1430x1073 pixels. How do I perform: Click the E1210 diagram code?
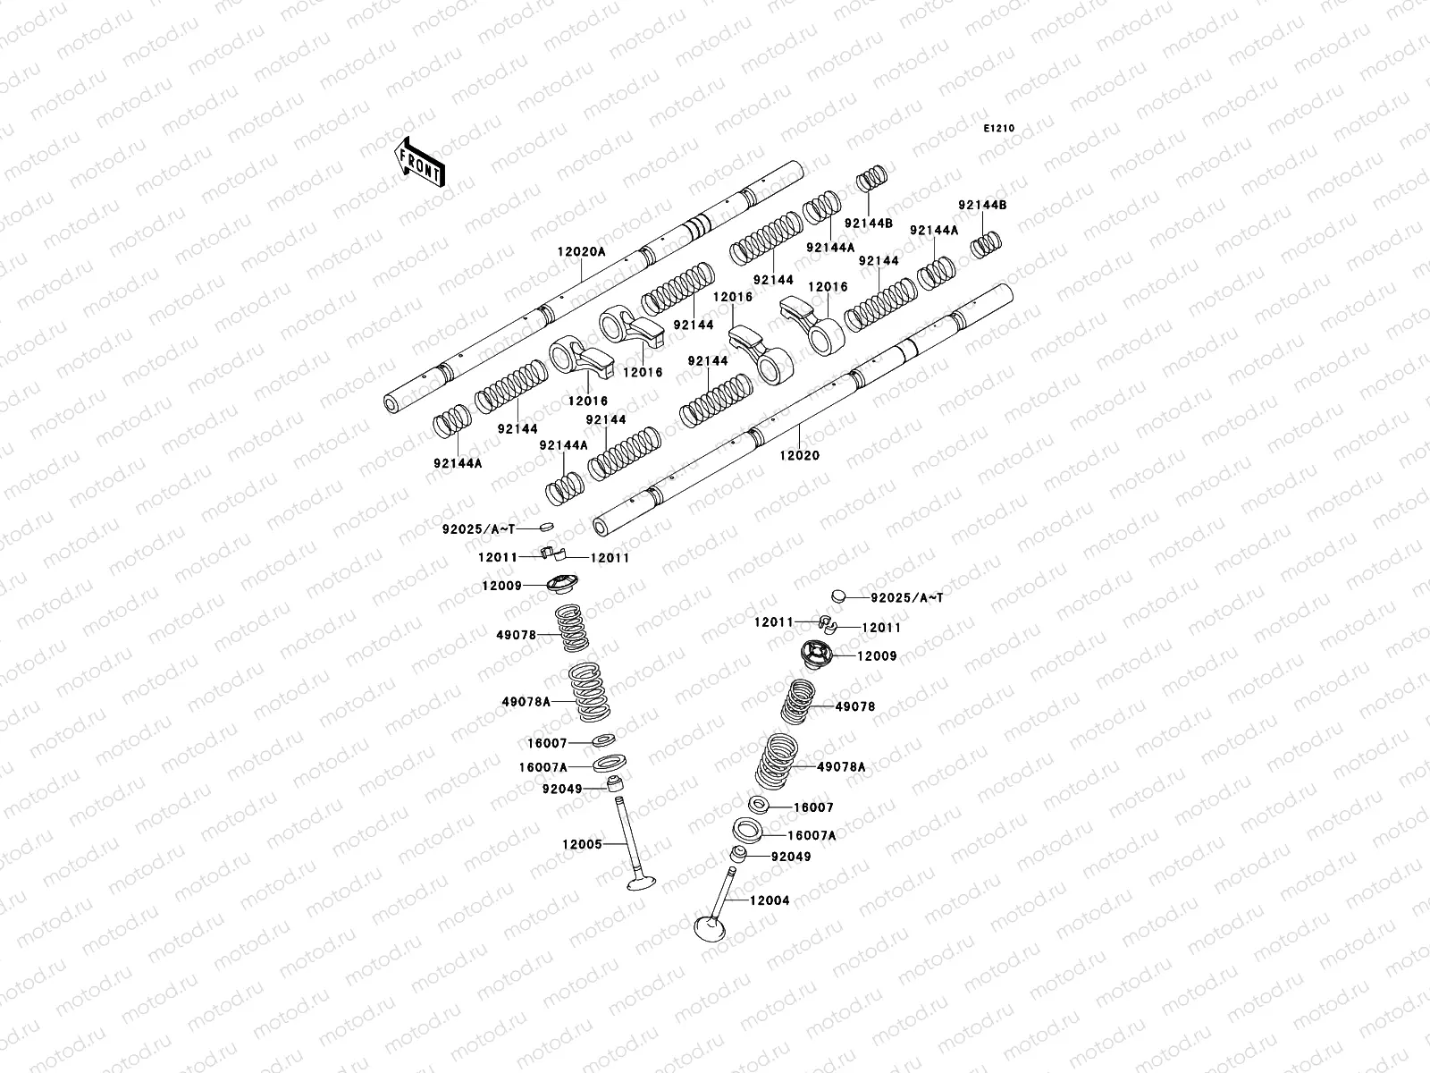[x=999, y=129]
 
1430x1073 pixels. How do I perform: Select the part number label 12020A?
[x=581, y=252]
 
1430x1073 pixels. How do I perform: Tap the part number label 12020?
[x=799, y=455]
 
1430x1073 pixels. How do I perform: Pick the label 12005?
[x=582, y=843]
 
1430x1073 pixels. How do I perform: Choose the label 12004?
[x=770, y=900]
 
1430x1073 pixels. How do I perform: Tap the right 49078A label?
[x=841, y=767]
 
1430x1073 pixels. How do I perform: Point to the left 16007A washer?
[x=610, y=765]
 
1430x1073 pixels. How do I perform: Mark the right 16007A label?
[x=812, y=835]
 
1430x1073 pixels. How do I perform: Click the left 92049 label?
[x=561, y=789]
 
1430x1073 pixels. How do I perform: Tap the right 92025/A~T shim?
[x=837, y=594]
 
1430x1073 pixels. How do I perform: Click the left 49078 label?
[x=517, y=635]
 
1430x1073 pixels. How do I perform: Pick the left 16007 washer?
[x=604, y=740]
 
